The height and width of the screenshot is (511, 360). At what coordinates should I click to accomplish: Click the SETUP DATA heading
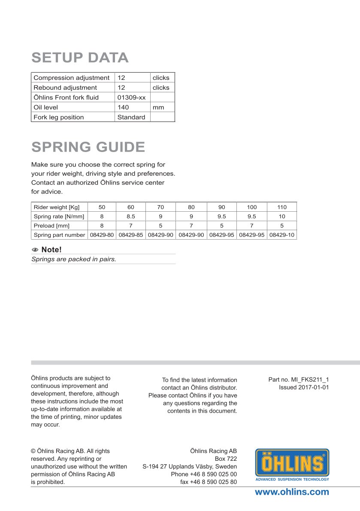pos(80,58)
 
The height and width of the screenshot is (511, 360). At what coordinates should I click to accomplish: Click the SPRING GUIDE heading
pos(88,147)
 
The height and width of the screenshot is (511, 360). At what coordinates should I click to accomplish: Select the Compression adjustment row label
pos(71,78)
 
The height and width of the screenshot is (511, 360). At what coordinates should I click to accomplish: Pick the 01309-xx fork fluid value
pos(131,97)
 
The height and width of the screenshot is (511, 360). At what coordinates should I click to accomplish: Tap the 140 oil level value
pos(123,107)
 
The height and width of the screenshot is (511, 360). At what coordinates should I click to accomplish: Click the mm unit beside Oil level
pos(158,107)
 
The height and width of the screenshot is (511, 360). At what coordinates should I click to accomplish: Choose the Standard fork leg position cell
pos(131,117)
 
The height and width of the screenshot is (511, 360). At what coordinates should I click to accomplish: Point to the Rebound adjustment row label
pos(65,88)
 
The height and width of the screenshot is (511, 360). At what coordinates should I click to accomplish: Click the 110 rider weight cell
pos(282,207)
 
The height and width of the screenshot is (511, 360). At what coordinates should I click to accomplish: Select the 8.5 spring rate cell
pos(131,216)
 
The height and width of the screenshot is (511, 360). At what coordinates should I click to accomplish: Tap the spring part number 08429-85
pos(131,235)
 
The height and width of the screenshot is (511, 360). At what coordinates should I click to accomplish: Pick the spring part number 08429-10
pos(282,235)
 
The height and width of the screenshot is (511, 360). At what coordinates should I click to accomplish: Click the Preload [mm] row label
pos(51,225)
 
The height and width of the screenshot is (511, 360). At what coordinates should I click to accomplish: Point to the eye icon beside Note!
pos(35,249)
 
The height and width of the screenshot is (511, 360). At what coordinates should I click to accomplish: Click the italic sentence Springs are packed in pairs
pos(74,259)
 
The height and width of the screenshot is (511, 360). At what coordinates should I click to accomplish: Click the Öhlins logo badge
pos(292,465)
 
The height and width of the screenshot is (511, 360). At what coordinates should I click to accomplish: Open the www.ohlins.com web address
pos(292,492)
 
